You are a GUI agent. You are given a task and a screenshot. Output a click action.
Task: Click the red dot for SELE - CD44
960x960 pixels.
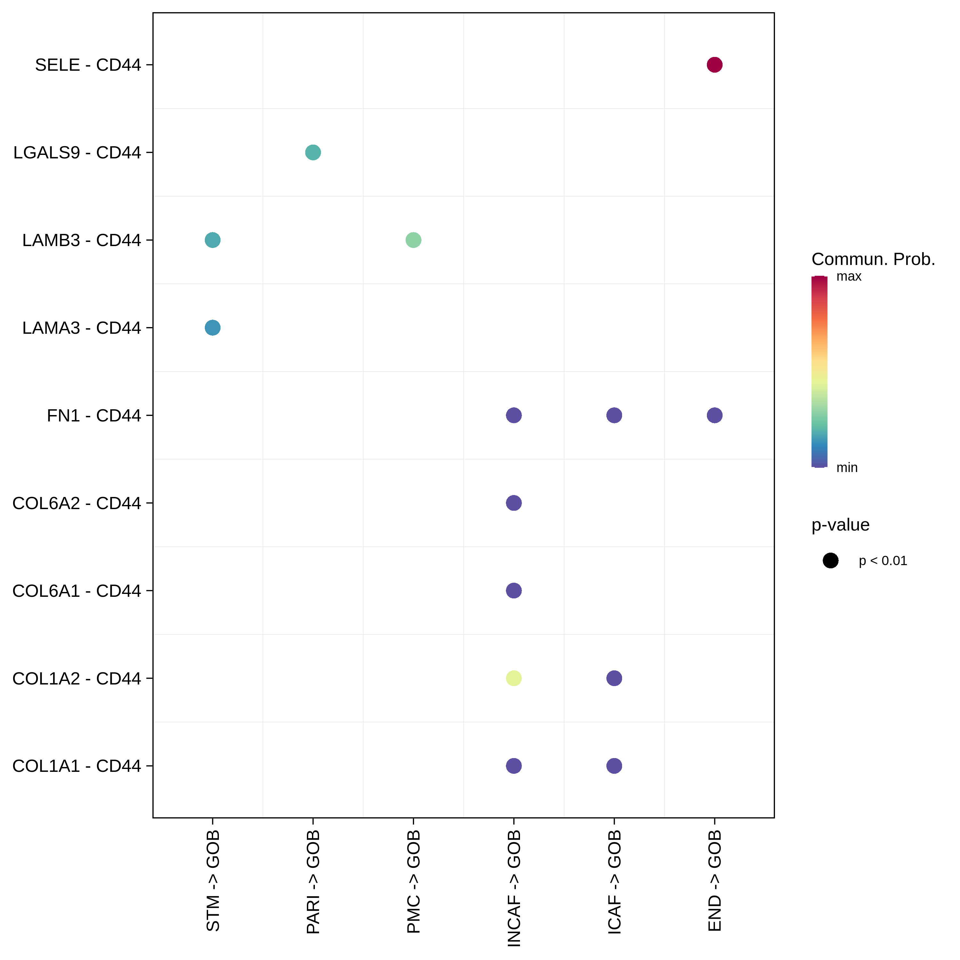pyautogui.click(x=714, y=65)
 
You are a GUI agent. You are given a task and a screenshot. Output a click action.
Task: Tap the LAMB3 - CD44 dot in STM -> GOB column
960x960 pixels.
pyautogui.click(x=212, y=240)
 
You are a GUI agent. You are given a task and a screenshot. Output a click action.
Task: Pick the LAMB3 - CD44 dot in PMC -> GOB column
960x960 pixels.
pyautogui.click(x=413, y=240)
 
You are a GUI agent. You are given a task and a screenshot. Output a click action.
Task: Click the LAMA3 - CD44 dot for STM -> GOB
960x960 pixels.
pyautogui.click(x=212, y=327)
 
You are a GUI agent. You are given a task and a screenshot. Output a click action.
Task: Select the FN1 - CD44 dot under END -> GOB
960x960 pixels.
pyautogui.click(x=714, y=415)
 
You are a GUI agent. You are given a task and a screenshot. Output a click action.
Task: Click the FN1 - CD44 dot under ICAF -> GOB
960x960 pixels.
pyautogui.click(x=614, y=415)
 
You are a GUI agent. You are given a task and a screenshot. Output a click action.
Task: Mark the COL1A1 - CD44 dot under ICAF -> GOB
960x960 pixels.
pyautogui.click(x=614, y=766)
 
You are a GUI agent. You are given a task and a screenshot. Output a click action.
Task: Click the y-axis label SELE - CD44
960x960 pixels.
pyautogui.click(x=88, y=65)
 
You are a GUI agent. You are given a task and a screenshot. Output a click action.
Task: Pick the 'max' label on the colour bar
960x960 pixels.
pyautogui.click(x=849, y=276)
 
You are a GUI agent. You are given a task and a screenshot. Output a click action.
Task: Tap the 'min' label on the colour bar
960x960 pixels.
pyautogui.click(x=847, y=468)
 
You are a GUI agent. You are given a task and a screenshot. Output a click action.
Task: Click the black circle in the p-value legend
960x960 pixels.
pyautogui.click(x=830, y=561)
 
